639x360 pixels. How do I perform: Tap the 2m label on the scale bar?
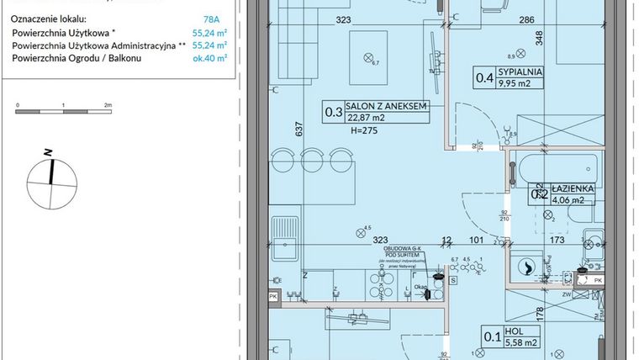click(108, 106)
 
